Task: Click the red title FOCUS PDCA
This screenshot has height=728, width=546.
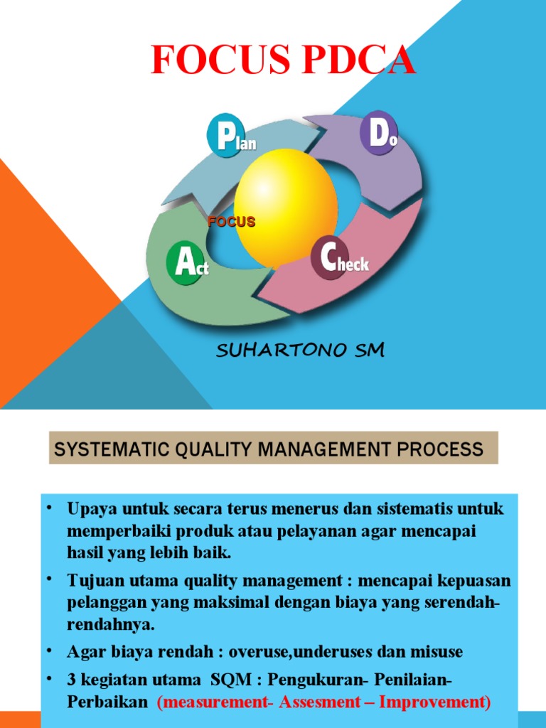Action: [283, 60]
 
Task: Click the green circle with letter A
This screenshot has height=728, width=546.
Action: [186, 264]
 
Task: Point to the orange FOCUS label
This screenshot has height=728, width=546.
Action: [231, 222]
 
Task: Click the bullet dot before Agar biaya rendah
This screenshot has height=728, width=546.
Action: [50, 650]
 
